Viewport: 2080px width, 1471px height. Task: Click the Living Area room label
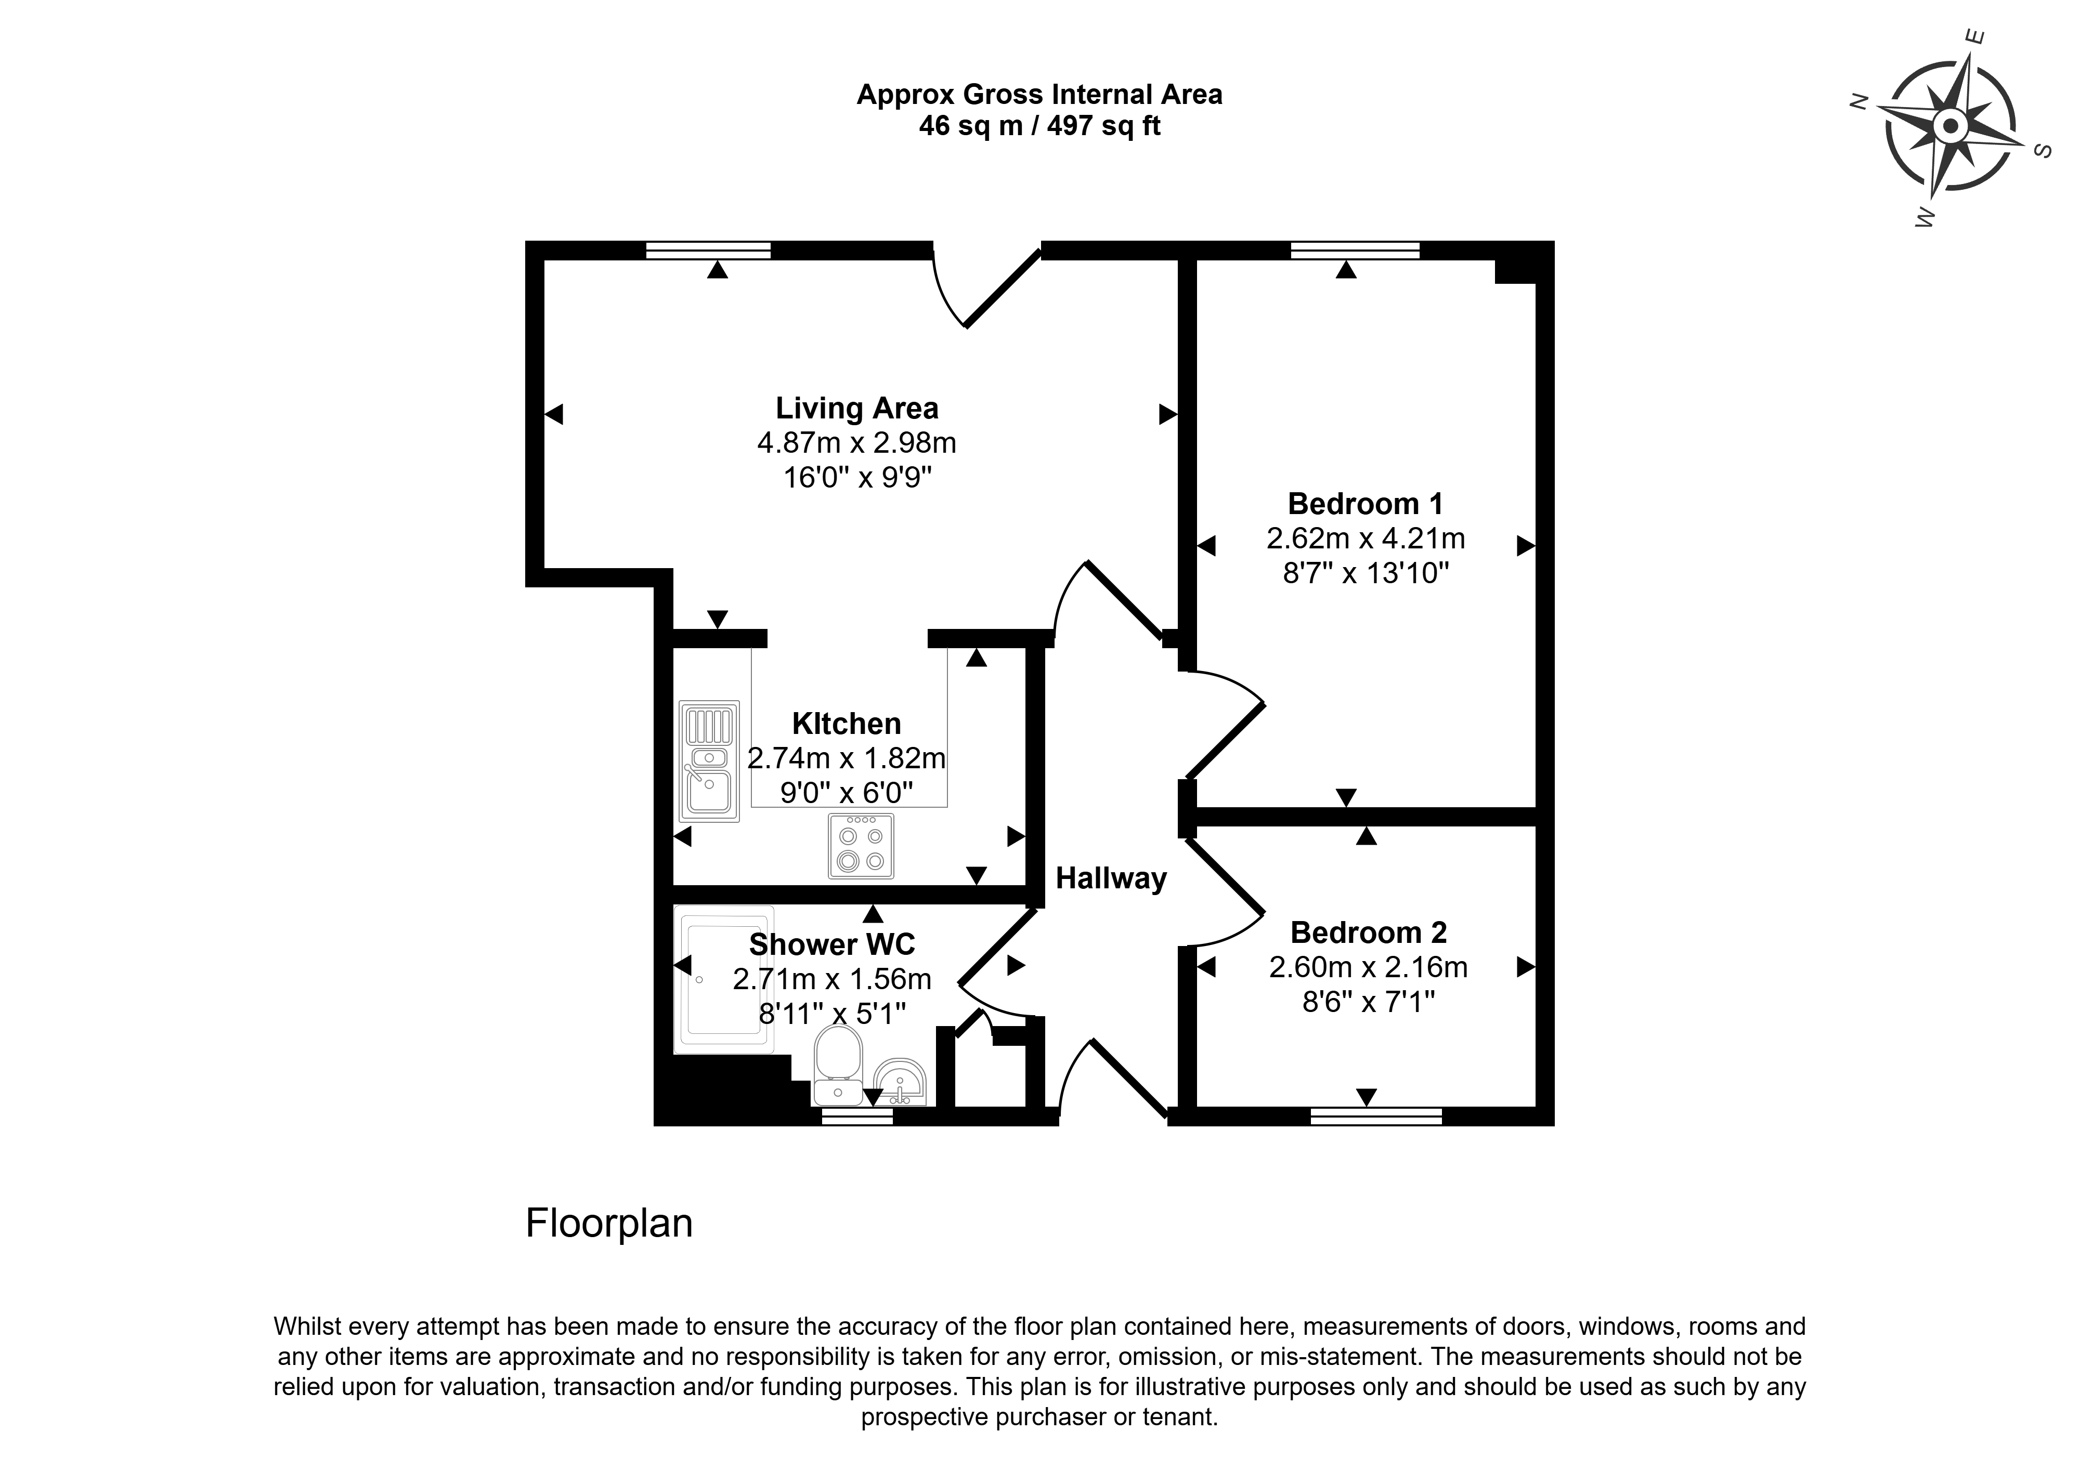[x=857, y=409]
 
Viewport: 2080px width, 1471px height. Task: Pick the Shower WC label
[x=831, y=945]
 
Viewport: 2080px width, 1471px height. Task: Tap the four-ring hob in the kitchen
[x=861, y=846]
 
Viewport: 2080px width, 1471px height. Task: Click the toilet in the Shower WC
[x=838, y=1065]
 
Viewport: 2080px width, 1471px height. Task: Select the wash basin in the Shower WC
[x=900, y=1082]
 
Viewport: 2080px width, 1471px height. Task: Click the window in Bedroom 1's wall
[x=1355, y=250]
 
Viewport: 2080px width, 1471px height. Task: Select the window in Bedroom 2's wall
[x=1376, y=1117]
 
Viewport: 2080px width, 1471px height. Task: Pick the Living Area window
[x=708, y=250]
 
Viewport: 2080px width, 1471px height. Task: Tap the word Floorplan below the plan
[x=609, y=1224]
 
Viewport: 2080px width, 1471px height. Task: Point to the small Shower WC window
[x=857, y=1117]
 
